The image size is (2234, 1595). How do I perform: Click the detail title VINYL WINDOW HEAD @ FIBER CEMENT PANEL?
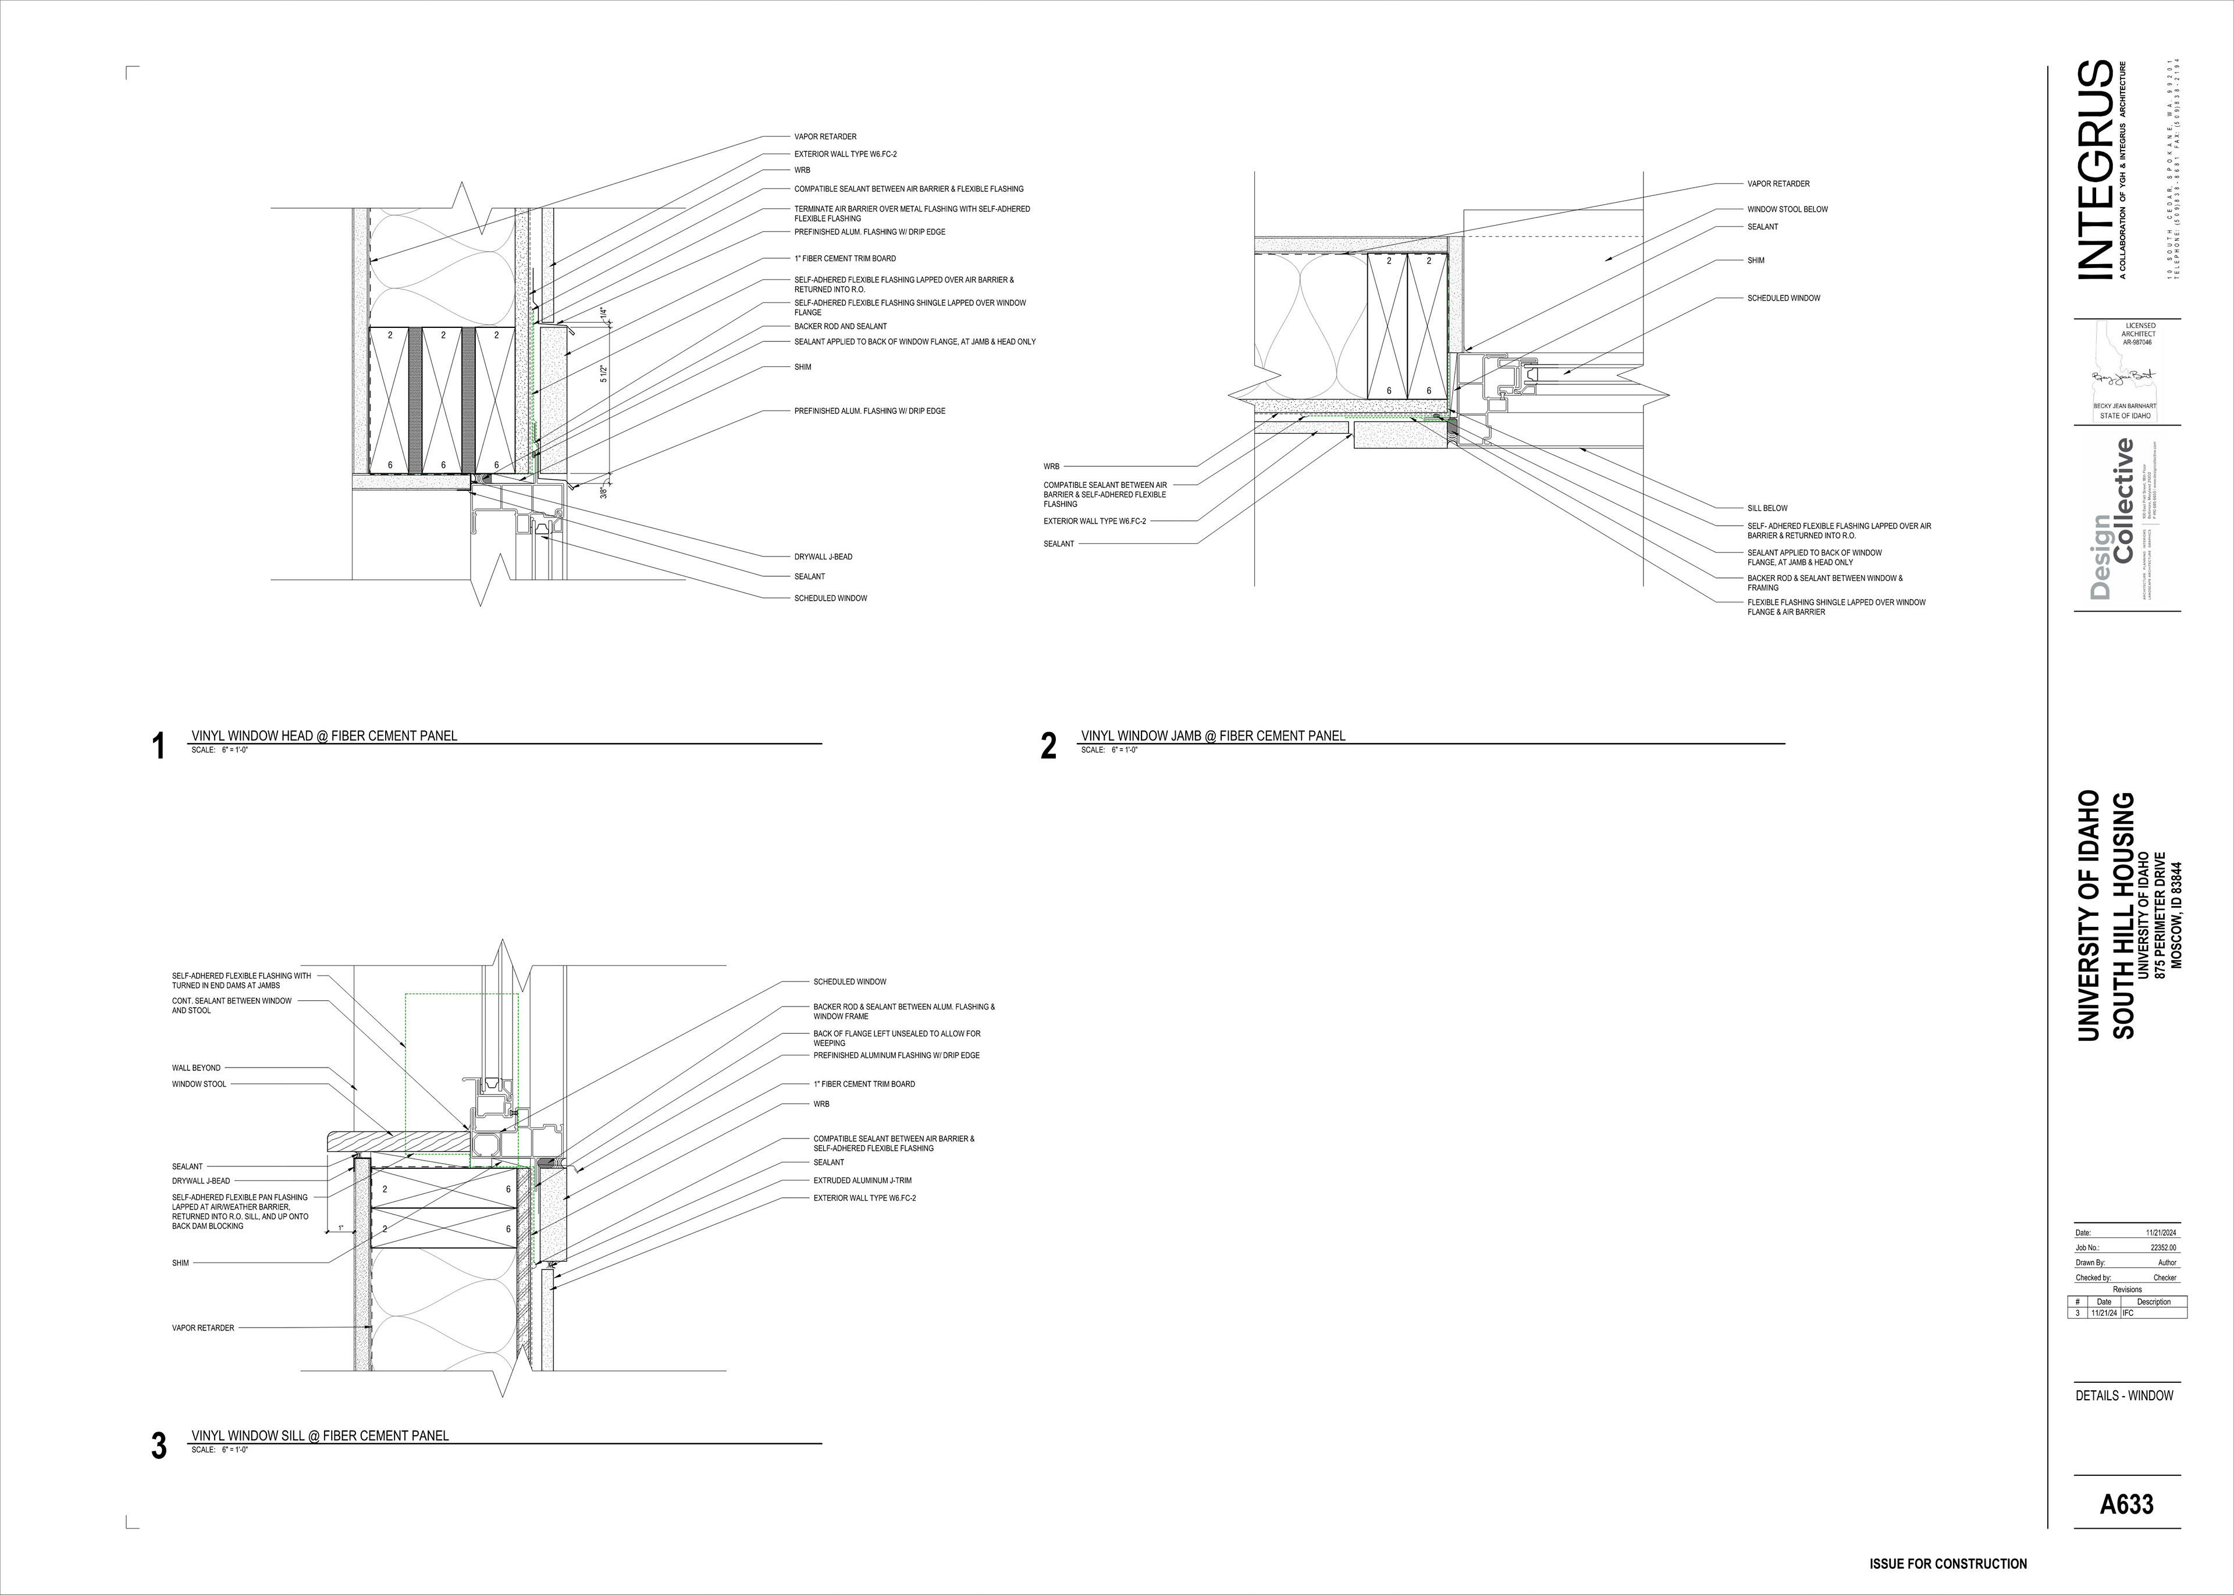pos(324,736)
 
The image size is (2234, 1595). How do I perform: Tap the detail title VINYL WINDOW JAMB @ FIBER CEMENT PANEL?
pos(1213,736)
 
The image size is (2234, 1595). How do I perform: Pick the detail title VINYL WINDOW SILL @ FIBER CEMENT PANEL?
pos(321,1436)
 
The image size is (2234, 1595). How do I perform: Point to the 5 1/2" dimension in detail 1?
pos(604,374)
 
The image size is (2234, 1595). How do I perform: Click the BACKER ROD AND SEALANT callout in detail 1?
pos(840,326)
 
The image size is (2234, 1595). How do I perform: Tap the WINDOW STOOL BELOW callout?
pos(1787,209)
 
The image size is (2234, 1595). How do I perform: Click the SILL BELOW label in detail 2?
pos(1766,509)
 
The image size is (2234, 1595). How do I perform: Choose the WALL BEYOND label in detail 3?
pos(197,1068)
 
